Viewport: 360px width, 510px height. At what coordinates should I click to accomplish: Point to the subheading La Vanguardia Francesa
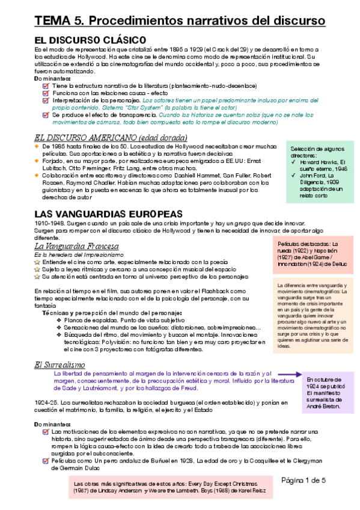click(x=76, y=247)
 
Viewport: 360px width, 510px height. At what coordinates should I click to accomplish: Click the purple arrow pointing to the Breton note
click(x=289, y=375)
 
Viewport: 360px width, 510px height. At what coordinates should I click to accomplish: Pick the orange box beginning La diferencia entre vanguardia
click(x=311, y=316)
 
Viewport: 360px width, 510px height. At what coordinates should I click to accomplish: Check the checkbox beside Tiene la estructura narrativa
click(x=46, y=86)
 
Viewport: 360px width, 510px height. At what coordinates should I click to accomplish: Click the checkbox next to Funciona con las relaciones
click(x=46, y=94)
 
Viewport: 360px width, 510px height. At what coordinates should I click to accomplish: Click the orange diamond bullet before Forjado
click(x=37, y=161)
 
